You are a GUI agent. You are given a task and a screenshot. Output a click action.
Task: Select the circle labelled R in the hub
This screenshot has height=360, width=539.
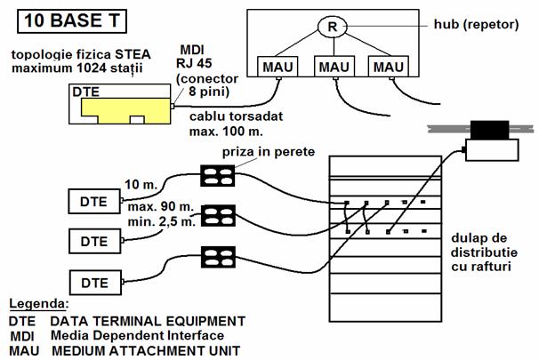(x=331, y=27)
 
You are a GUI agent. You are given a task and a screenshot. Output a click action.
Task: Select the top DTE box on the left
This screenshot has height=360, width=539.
(x=93, y=202)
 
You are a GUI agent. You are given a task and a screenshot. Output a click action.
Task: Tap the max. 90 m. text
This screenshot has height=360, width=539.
(x=149, y=206)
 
